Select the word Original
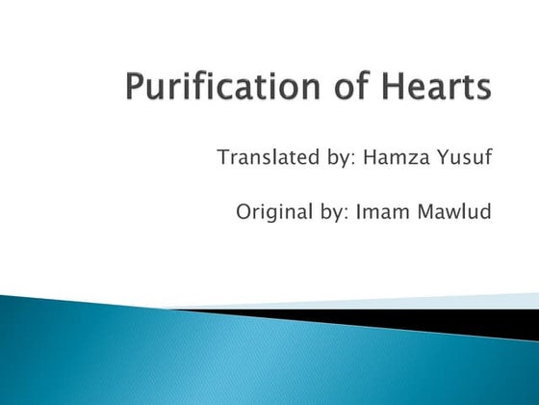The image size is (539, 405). click(273, 210)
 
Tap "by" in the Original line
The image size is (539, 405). click(338, 211)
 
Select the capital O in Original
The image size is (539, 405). click(244, 210)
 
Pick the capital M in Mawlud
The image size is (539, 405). click(432, 210)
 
